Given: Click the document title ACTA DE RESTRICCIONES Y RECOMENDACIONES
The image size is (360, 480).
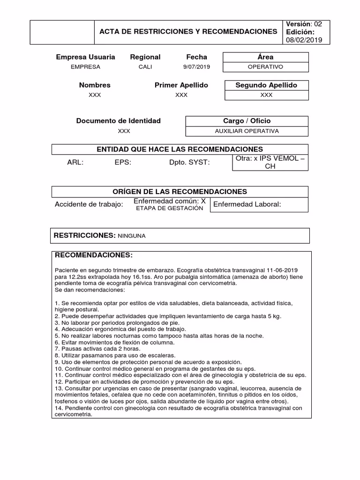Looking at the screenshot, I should (x=188, y=31).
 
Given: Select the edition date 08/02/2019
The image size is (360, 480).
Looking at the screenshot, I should (x=305, y=40).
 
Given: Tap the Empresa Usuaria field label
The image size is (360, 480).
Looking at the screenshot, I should (x=85, y=57).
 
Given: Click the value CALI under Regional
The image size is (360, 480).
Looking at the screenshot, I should (x=145, y=67).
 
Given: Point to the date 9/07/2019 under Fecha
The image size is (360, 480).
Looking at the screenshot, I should (x=196, y=67).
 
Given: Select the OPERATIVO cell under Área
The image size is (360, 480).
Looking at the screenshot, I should (x=265, y=67).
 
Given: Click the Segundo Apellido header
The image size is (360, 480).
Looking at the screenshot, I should (x=266, y=85).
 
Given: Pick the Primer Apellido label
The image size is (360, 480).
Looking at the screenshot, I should (x=181, y=85).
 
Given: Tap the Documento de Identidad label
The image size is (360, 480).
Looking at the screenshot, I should (x=118, y=121).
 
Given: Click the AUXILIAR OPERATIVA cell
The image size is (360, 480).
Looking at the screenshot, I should (x=247, y=131).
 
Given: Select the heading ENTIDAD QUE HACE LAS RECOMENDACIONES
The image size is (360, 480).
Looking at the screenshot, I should (x=180, y=150).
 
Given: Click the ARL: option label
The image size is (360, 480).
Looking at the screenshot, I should (x=75, y=163).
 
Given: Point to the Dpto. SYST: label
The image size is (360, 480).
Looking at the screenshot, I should (x=189, y=163).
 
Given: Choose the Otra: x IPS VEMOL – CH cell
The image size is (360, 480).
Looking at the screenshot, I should (x=270, y=162).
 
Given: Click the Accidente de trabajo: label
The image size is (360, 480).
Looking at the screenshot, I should (x=89, y=204).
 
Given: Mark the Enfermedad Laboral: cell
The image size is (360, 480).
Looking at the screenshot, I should (x=247, y=204).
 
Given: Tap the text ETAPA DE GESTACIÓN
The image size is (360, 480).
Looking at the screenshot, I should (x=169, y=208).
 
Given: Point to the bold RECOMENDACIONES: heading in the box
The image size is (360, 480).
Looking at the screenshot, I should (x=94, y=255).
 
